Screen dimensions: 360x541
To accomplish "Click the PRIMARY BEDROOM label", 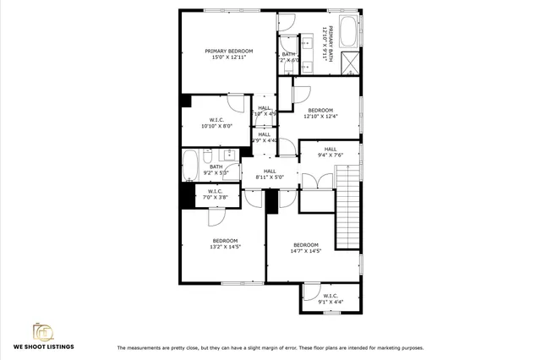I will pyautogui.click(x=228, y=52).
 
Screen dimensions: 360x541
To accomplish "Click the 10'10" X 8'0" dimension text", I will pyautogui.click(x=216, y=126).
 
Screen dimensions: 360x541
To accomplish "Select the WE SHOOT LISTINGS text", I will pyautogui.click(x=43, y=347).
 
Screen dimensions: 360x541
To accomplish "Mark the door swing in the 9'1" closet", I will pyautogui.click(x=310, y=295).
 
